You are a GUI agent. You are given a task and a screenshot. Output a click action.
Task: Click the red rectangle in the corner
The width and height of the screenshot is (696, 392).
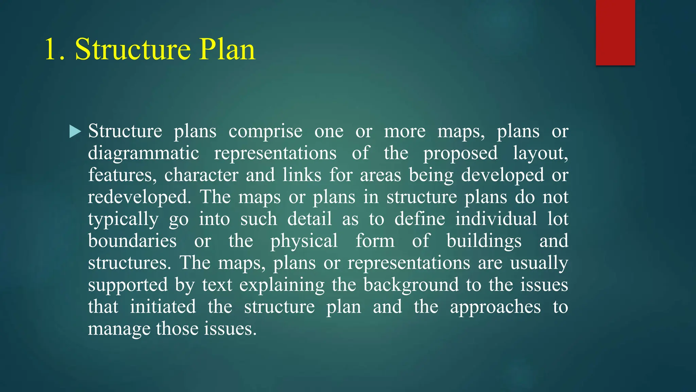point(615,32)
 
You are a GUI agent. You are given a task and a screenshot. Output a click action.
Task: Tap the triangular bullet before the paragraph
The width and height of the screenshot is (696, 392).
point(75,131)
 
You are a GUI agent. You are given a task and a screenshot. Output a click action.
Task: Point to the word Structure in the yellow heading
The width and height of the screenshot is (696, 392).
point(133,50)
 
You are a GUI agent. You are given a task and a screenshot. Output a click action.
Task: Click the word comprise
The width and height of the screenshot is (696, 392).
point(265,131)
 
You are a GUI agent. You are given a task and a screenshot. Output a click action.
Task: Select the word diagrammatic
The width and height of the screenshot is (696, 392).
point(143,153)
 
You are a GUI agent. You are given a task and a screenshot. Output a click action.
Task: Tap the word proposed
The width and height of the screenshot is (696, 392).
point(460,153)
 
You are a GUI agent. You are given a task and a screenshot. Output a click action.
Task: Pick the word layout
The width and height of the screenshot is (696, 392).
point(540,153)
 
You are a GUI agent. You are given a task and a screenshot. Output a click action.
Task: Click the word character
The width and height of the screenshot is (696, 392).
point(201,175)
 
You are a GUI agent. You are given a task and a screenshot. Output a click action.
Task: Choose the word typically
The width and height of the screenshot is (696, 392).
point(123,219)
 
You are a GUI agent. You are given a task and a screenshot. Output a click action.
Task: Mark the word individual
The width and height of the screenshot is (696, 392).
point(496,219)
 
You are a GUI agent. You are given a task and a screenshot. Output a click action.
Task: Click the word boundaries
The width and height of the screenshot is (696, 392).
point(132,241)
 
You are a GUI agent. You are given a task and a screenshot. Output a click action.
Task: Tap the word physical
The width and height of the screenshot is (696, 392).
point(304,241)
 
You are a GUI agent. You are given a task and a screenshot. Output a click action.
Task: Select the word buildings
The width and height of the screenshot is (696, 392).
point(484,241)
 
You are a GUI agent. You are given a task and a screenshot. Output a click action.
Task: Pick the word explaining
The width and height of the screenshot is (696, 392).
point(282,285)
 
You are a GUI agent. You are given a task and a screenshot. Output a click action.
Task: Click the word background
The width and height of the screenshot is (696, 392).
point(411,285)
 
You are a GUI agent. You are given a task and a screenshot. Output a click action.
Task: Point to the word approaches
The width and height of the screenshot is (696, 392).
point(495,307)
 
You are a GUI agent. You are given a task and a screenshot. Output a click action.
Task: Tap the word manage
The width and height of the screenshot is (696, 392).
point(119,329)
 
